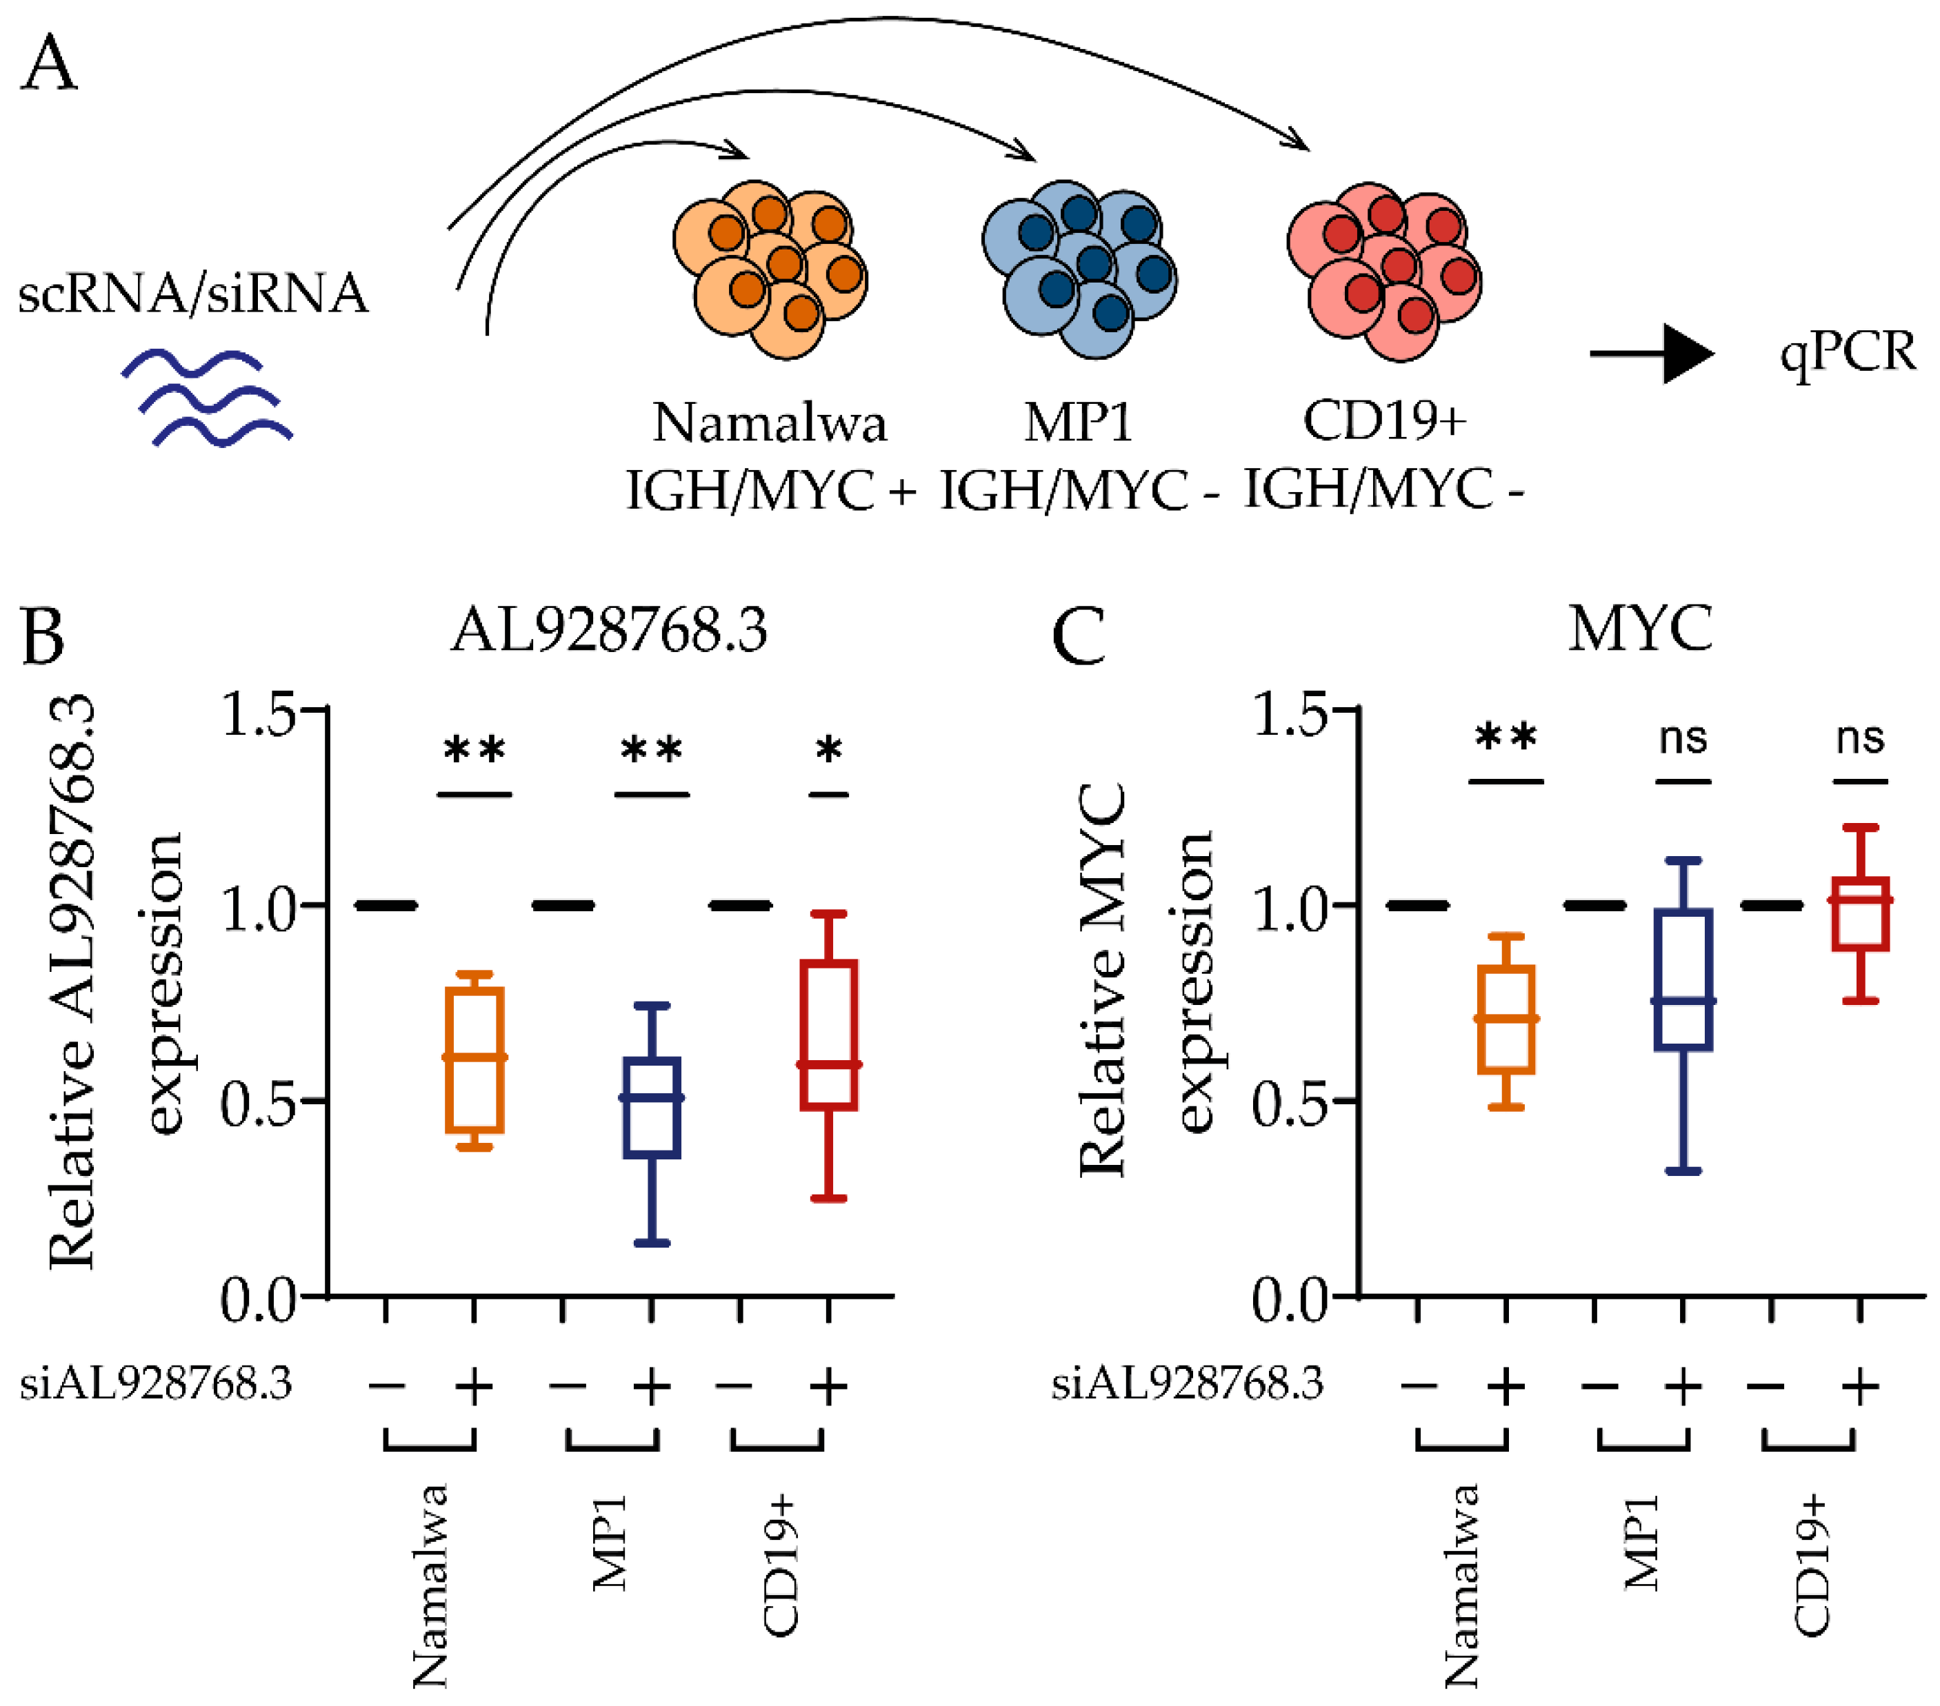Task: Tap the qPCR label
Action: (1847, 354)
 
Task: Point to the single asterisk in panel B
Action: (828, 751)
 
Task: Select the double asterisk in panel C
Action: (1506, 738)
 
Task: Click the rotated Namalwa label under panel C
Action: (1461, 1585)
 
